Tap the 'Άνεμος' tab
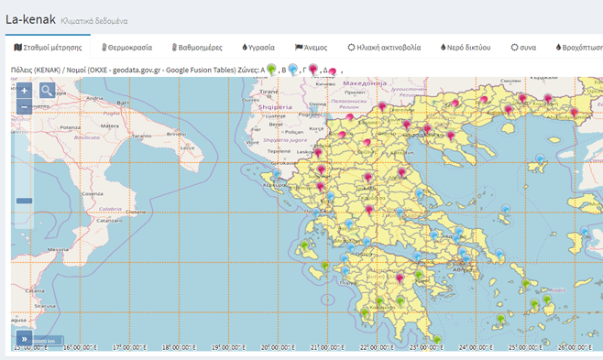point(311,46)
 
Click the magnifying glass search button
point(47,91)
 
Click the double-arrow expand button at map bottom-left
point(22,338)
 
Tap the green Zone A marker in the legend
point(271,69)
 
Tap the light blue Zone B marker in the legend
point(293,69)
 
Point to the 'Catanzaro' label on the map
point(110,221)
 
